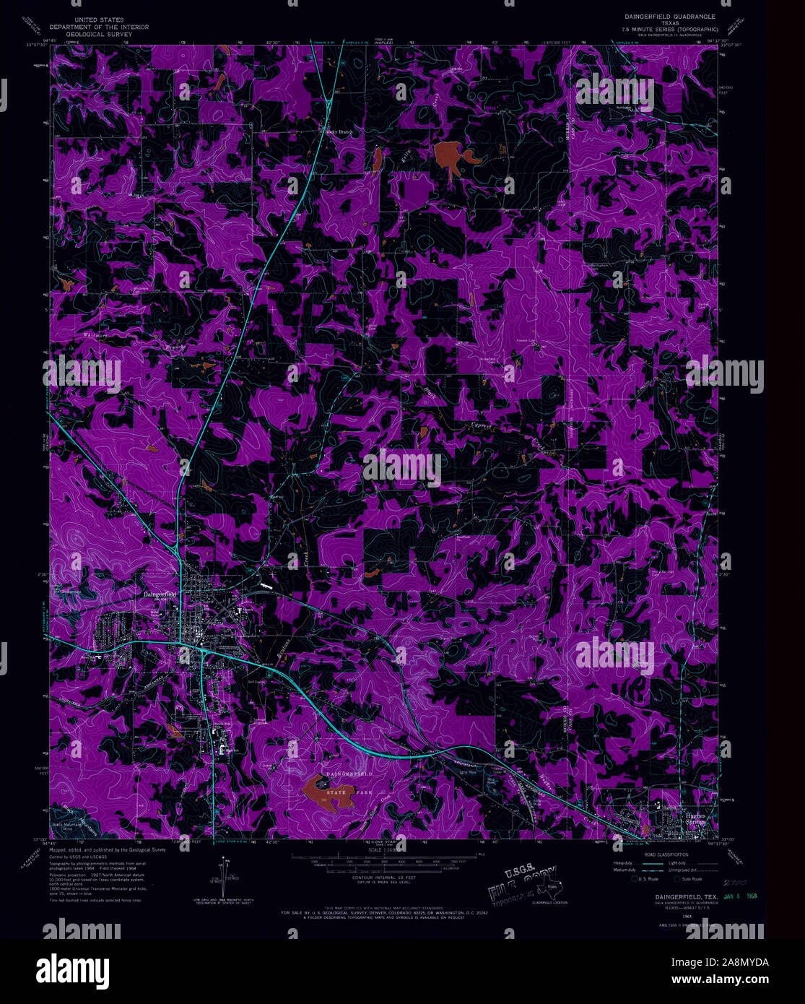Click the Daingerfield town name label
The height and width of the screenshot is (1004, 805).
pyautogui.click(x=160, y=594)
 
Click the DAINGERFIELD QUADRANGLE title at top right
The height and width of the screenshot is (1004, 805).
pyautogui.click(x=670, y=14)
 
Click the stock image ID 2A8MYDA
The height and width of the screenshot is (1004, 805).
pyautogui.click(x=732, y=962)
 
